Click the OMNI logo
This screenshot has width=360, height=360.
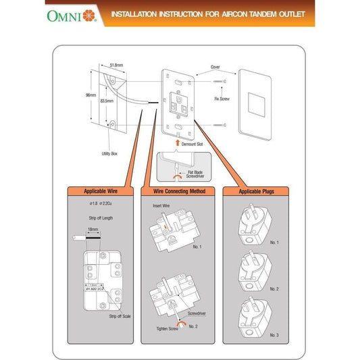71,14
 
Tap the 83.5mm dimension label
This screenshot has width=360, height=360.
105,101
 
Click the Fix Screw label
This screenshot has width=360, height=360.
222,99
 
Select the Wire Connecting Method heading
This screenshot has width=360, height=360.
180,192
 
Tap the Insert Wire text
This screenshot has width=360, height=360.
162,205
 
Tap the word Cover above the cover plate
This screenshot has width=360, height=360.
215,68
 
